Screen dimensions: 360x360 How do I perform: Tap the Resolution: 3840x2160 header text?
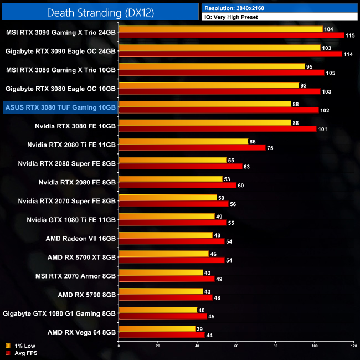pyautogui.click(x=239, y=8)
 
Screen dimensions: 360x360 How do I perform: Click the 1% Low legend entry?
pyautogui.click(x=22, y=346)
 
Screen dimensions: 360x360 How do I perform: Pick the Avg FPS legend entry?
pyautogui.click(x=23, y=352)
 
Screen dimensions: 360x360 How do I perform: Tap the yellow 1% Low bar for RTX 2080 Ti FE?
pyautogui.click(x=183, y=141)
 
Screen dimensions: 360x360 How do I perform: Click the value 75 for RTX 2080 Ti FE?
pyautogui.click(x=270, y=148)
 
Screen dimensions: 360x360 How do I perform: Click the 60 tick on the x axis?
pyautogui.click(x=236, y=346)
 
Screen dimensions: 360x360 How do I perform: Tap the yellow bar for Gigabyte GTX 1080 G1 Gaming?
pyautogui.click(x=158, y=310)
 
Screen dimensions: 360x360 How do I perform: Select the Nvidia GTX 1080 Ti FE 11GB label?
pyautogui.click(x=71, y=220)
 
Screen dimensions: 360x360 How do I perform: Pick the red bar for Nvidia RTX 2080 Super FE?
pyautogui.click(x=181, y=166)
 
